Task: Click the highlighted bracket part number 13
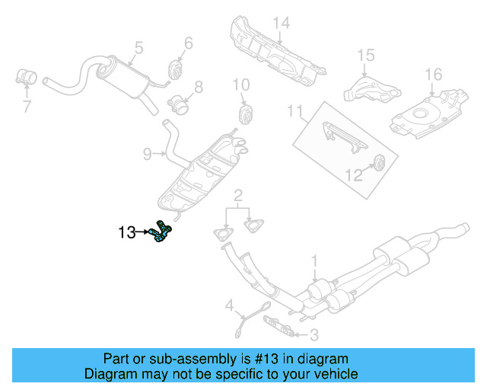click(161, 231)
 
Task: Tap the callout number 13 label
click(127, 232)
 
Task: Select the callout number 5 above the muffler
click(138, 48)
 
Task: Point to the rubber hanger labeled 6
click(173, 71)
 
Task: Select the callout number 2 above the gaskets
click(238, 195)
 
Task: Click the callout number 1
click(314, 263)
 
